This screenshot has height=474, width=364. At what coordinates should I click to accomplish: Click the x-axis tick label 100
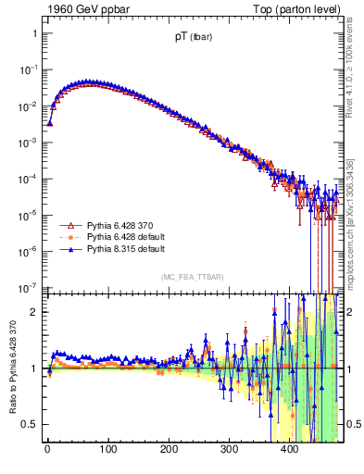pos(107,449)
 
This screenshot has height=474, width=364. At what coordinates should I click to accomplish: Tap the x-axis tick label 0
pos(47,449)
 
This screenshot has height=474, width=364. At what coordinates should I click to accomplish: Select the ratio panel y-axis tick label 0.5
pos(30,424)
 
